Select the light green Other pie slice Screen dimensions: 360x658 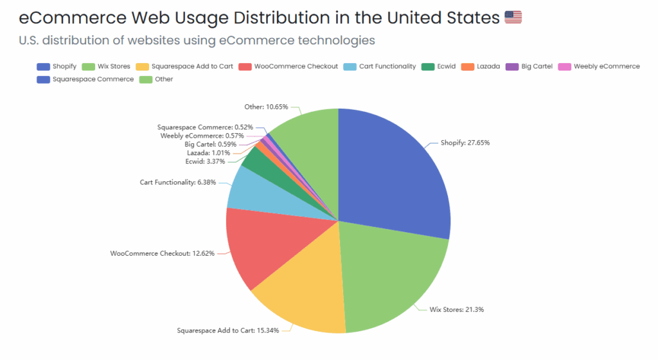(x=308, y=141)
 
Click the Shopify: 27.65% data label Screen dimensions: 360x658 (x=465, y=143)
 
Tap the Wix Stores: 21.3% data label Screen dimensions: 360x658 (x=456, y=309)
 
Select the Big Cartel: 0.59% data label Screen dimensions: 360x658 (x=208, y=144)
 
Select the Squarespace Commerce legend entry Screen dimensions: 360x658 (x=85, y=79)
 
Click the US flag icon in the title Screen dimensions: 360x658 (x=513, y=17)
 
